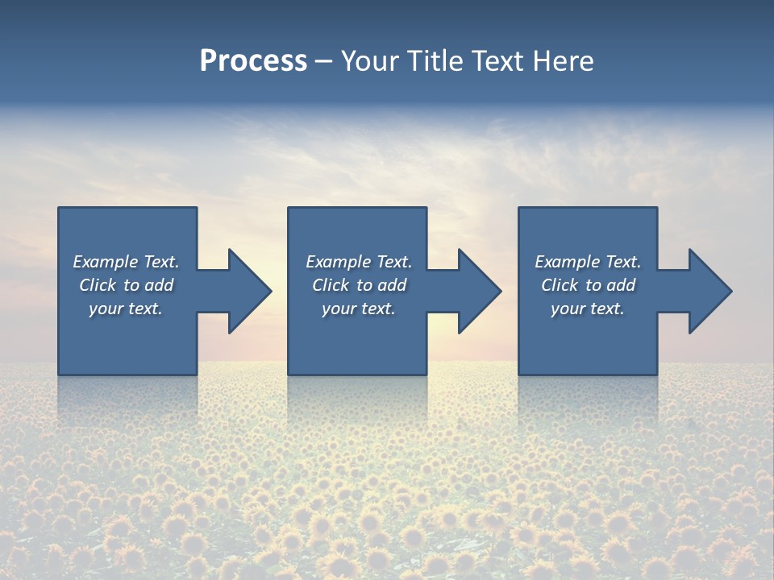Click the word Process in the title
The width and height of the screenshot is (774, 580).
tap(253, 61)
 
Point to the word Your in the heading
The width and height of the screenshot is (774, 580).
tap(372, 61)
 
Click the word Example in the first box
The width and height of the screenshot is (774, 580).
tap(105, 262)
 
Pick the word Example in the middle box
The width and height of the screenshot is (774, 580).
tap(338, 262)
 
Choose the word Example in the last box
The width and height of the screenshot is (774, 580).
tap(567, 262)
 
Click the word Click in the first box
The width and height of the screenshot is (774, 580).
tap(98, 285)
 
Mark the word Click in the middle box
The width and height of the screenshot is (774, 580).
tap(331, 285)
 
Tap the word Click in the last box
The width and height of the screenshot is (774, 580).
tap(560, 285)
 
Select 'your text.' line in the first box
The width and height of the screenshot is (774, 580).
tap(126, 309)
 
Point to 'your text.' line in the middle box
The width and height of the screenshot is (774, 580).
tap(359, 309)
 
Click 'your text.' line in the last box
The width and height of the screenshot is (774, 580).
tap(588, 309)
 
